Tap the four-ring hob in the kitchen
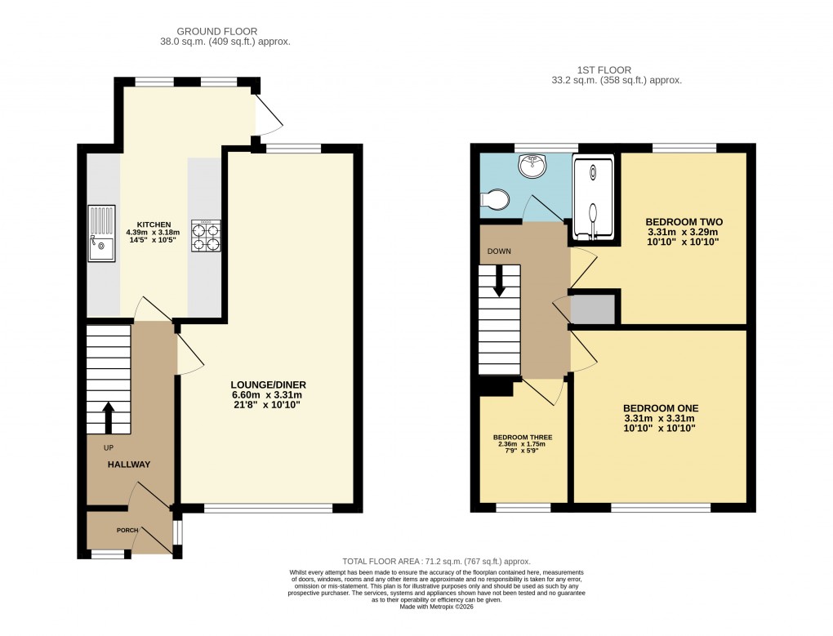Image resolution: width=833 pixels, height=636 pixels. pos(206,235)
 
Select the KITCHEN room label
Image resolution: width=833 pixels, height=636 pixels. pos(154,224)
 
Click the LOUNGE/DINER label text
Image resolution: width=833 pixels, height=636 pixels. pos(267,385)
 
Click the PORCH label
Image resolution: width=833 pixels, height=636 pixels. pos(127,531)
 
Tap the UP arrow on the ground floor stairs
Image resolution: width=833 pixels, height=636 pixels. pos(108,416)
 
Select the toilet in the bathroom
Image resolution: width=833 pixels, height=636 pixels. pos(494,198)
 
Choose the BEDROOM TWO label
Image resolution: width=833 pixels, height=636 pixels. pos(684,221)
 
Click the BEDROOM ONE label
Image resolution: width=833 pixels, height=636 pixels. pos(661,407)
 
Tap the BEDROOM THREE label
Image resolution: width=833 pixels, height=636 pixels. pos(523,438)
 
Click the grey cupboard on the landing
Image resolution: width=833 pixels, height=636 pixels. pos(593,309)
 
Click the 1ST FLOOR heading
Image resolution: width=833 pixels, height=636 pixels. pos(616,70)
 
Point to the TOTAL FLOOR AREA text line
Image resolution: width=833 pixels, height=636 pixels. pos(436,562)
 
